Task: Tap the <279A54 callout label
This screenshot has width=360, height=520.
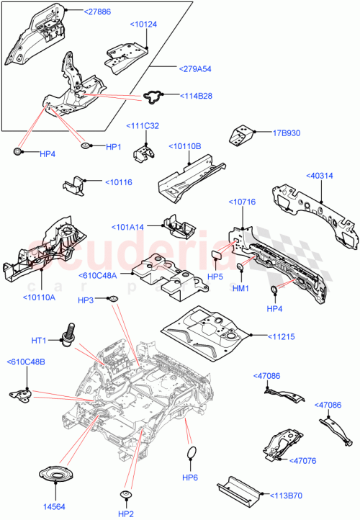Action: click(x=194, y=68)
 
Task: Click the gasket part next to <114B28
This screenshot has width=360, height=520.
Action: click(x=153, y=95)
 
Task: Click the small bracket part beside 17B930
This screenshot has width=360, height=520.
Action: click(x=240, y=136)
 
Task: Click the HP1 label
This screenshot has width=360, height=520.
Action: click(x=114, y=147)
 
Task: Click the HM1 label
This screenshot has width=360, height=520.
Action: click(x=241, y=289)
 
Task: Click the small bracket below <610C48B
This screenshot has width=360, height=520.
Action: click(x=22, y=393)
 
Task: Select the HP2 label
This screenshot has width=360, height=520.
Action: click(x=126, y=513)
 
